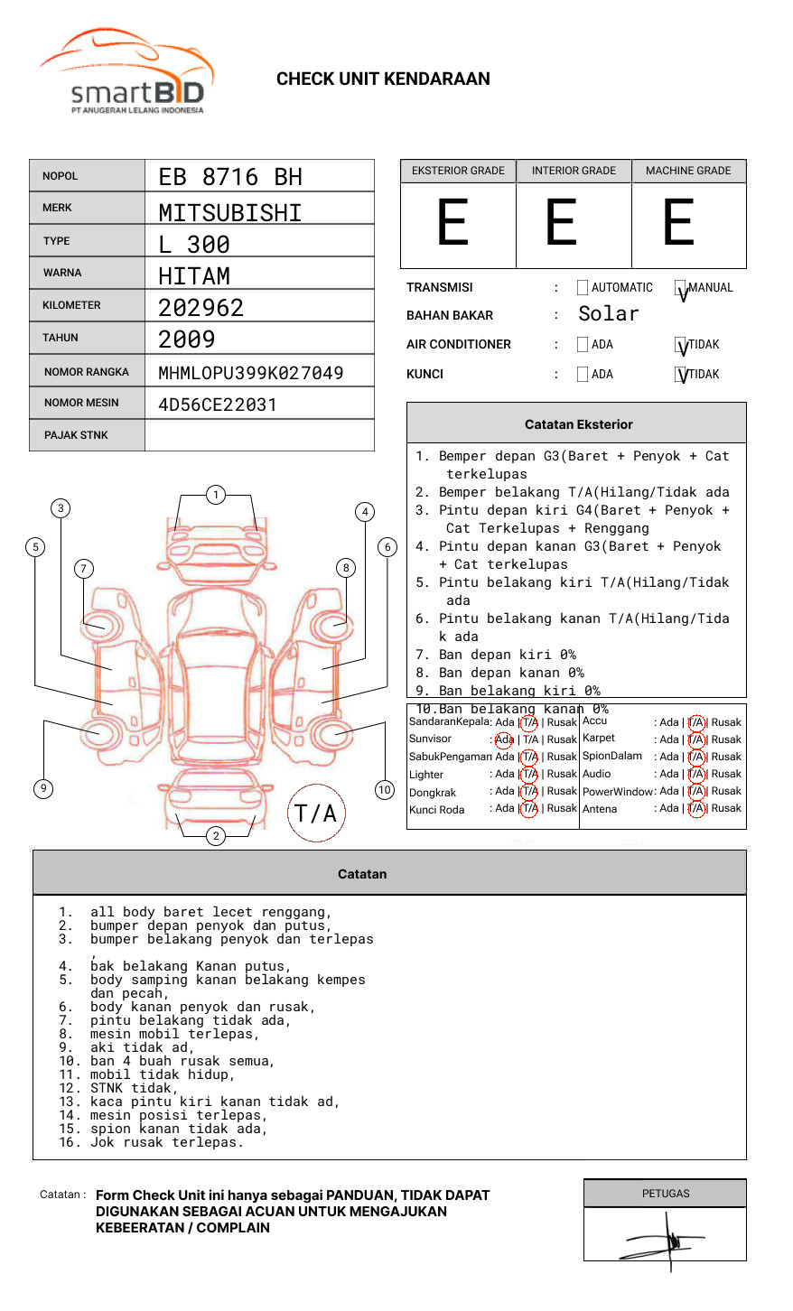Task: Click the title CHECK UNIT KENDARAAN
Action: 383,79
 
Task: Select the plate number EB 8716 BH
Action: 230,177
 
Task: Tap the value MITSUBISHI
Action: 230,213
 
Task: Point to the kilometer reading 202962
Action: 201,308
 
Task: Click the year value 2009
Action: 187,339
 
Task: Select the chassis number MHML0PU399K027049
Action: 250,373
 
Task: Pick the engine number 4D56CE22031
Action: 218,404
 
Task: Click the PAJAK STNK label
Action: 76,435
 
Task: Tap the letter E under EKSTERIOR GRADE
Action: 453,223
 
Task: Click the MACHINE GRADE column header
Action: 688,171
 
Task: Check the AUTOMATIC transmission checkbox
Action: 583,288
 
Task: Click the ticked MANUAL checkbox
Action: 681,288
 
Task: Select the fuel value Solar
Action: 608,314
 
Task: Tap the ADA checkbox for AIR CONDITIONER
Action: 583,345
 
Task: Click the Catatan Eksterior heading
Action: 578,424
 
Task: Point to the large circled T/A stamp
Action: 316,814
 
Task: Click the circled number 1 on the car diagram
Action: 216,495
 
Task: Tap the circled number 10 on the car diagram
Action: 385,790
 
